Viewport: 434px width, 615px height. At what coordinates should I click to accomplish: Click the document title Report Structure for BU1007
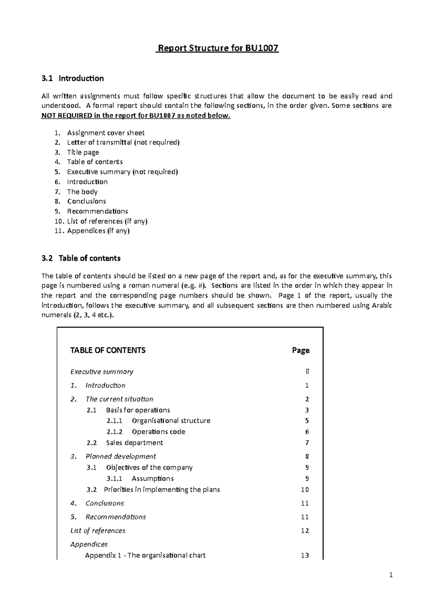tap(217, 48)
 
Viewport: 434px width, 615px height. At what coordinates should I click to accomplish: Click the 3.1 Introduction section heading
tap(73, 78)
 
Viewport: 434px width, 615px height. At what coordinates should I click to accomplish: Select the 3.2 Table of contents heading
tap(81, 258)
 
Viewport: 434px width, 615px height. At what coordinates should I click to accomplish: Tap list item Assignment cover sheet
tap(106, 133)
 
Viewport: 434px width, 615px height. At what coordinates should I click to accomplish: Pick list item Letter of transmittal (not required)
tap(123, 142)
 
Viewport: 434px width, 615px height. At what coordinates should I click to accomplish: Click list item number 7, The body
tap(82, 192)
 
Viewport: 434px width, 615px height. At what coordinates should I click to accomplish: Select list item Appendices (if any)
tap(98, 231)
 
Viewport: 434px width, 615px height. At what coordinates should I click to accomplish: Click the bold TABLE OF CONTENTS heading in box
tap(108, 350)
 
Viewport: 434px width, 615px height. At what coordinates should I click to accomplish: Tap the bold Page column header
tap(301, 350)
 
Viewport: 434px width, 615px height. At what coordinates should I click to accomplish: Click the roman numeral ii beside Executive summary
tap(307, 372)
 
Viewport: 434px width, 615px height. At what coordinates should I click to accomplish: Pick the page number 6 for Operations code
tap(307, 432)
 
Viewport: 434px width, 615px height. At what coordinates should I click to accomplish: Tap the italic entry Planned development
tap(120, 456)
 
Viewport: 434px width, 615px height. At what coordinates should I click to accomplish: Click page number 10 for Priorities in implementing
tap(305, 490)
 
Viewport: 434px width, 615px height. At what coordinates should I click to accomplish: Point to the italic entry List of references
tap(98, 531)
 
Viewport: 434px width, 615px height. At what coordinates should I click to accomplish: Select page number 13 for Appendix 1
tap(305, 555)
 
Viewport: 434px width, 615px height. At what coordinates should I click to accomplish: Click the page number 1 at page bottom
tap(391, 575)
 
